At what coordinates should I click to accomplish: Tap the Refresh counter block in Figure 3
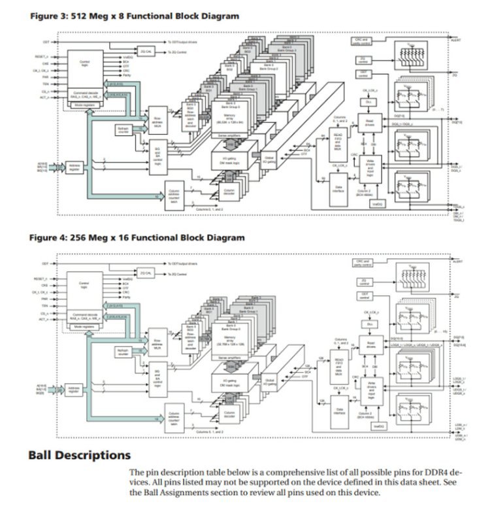(x=123, y=130)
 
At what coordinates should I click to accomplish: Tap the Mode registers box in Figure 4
(x=85, y=325)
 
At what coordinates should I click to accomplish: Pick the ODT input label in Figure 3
(x=46, y=42)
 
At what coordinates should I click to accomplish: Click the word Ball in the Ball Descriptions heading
(x=44, y=454)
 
